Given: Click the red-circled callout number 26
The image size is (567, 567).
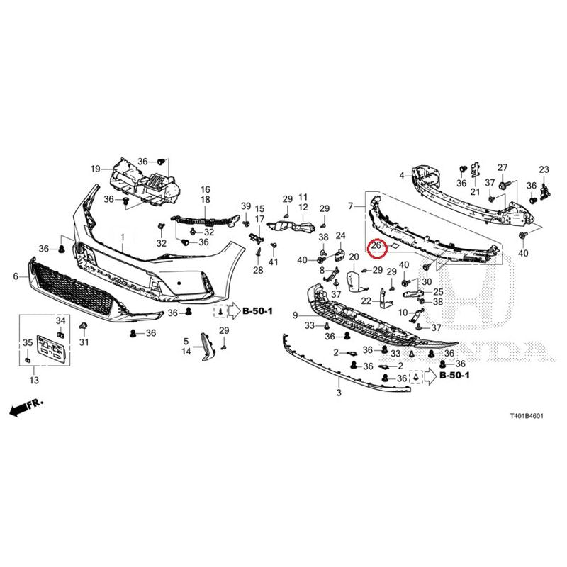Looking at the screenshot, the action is coord(376,245).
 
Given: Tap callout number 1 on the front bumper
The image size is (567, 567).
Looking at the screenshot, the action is coord(123,237).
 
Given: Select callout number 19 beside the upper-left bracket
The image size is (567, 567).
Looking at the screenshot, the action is coord(96,169).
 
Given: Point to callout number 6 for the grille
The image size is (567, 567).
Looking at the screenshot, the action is coord(16,276).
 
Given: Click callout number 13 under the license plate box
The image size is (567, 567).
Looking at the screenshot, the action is coord(34,380).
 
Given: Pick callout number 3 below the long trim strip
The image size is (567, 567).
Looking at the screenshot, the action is coord(339,393).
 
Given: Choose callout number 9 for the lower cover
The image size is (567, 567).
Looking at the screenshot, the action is coord(295,315).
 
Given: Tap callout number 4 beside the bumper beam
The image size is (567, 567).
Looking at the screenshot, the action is coord(402,176).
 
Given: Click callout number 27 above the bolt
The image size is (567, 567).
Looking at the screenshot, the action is coord(503,167).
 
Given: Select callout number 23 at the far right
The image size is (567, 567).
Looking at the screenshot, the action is coord(544,169).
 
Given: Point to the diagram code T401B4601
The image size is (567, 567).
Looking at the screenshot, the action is coord(527,416).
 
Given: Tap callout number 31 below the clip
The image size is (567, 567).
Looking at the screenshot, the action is coord(84,342).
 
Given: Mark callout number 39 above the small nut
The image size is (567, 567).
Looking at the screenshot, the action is coord(246,206).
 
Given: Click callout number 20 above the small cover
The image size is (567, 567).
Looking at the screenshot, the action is coord(354,257).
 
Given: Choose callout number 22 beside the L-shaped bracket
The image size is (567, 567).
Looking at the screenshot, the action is coord(366,301).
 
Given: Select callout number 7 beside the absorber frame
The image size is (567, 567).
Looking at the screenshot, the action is coord(350,206).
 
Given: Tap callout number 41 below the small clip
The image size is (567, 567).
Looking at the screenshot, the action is coord(274,261).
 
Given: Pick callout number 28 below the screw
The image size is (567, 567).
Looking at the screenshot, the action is coord(258,270).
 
